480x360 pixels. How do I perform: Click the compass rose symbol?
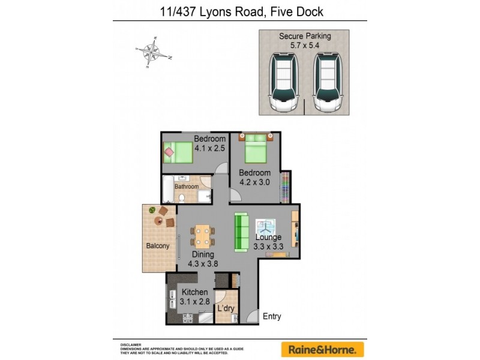click(154, 53)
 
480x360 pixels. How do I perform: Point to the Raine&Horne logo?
click(323, 349)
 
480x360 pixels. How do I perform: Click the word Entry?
click(271, 316)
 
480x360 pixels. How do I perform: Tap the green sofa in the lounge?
click(241, 232)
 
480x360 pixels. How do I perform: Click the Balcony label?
click(158, 246)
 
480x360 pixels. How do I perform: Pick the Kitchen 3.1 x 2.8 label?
click(194, 297)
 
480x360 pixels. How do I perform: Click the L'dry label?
click(226, 308)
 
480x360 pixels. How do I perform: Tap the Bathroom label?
click(187, 187)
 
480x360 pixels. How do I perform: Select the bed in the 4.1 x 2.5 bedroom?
click(178, 152)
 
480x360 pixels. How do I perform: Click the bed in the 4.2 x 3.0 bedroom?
click(255, 148)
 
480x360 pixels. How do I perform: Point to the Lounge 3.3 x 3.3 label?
click(268, 241)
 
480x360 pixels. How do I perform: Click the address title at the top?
click(239, 11)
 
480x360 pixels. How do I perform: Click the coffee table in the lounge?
click(265, 226)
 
